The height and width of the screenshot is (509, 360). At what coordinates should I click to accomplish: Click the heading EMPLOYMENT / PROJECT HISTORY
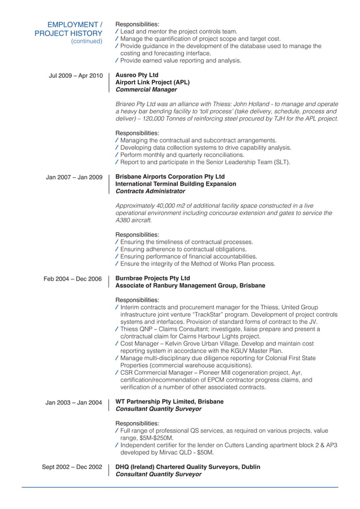(x=68, y=29)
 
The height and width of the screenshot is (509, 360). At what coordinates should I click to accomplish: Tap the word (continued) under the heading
(x=86, y=41)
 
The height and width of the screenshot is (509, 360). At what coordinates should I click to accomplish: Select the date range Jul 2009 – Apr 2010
(x=76, y=75)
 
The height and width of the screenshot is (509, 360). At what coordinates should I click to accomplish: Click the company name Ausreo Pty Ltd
(x=137, y=75)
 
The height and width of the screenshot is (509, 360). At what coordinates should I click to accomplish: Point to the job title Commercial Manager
(x=146, y=90)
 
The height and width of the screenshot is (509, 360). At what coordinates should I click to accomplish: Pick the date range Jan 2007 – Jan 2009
(x=74, y=177)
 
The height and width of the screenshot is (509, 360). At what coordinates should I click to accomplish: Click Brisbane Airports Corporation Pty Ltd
(x=170, y=177)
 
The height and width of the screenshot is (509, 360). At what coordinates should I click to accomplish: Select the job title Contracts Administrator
(x=150, y=191)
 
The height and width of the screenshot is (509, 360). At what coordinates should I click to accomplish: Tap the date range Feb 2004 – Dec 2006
(x=73, y=279)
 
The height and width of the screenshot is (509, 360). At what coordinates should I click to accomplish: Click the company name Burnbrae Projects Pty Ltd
(x=152, y=278)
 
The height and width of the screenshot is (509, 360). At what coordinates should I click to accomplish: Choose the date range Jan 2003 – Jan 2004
(x=73, y=402)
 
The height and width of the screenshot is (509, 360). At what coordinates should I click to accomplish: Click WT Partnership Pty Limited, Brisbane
(x=169, y=402)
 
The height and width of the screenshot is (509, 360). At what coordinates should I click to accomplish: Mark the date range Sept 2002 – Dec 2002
(x=72, y=467)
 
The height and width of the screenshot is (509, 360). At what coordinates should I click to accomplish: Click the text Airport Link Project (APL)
(x=152, y=82)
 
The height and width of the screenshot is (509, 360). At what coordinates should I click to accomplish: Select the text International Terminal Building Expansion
(x=175, y=184)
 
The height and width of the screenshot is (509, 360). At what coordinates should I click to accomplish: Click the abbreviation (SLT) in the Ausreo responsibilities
(x=281, y=163)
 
